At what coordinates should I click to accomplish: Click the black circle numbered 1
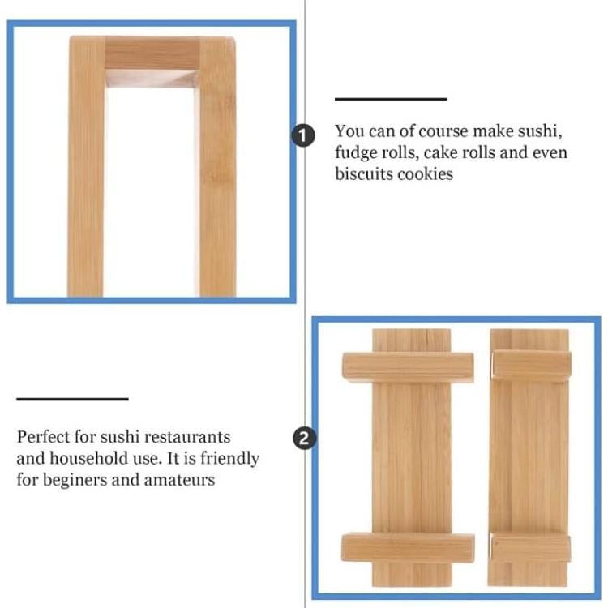point(303,135)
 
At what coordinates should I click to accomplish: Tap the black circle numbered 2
point(303,439)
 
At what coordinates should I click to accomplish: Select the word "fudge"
point(358,152)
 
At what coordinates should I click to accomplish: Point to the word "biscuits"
point(364,173)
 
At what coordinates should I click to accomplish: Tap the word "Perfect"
point(42,437)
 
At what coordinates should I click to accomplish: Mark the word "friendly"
point(229,458)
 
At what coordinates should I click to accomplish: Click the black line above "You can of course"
point(391,99)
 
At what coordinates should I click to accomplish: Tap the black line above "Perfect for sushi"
point(72,399)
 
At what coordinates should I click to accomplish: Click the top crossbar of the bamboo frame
point(152,54)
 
